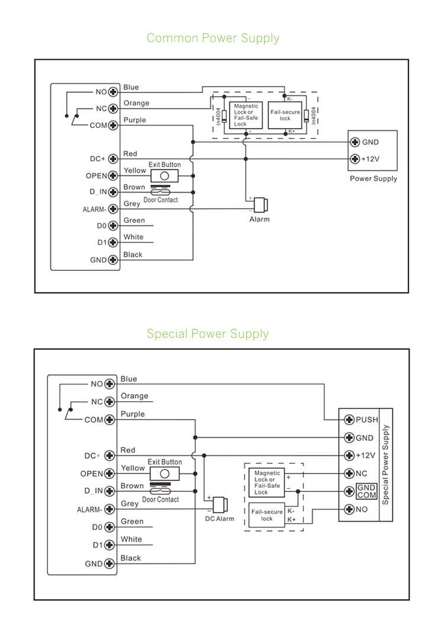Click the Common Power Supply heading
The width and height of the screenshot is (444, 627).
pos(213,39)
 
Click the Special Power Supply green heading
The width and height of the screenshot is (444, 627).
pos(208,334)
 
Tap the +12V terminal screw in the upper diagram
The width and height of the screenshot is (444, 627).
pos(355,159)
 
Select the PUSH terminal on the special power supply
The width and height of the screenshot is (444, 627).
pos(350,420)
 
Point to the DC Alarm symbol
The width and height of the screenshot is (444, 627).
pos(220,504)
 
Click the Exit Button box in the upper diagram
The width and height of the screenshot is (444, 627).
pos(165,176)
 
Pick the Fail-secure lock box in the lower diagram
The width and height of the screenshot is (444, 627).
pos(267,515)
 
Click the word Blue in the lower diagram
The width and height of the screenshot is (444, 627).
pos(128,379)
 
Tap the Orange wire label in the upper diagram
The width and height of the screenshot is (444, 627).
pos(136,103)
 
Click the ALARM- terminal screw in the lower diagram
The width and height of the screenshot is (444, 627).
pos(109,510)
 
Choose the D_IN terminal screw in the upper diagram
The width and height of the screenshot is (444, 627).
pos(112,192)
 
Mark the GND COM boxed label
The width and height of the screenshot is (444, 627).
pos(366,491)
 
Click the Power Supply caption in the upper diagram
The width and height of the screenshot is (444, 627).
pos(374,178)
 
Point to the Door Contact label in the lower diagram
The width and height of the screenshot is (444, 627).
pos(160,500)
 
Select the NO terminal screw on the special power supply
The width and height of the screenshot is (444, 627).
pos(350,509)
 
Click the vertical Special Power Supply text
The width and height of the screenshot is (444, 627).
pos(386,464)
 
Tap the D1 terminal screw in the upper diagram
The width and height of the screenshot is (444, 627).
pos(112,242)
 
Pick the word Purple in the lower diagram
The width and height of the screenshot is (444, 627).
pos(132,414)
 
